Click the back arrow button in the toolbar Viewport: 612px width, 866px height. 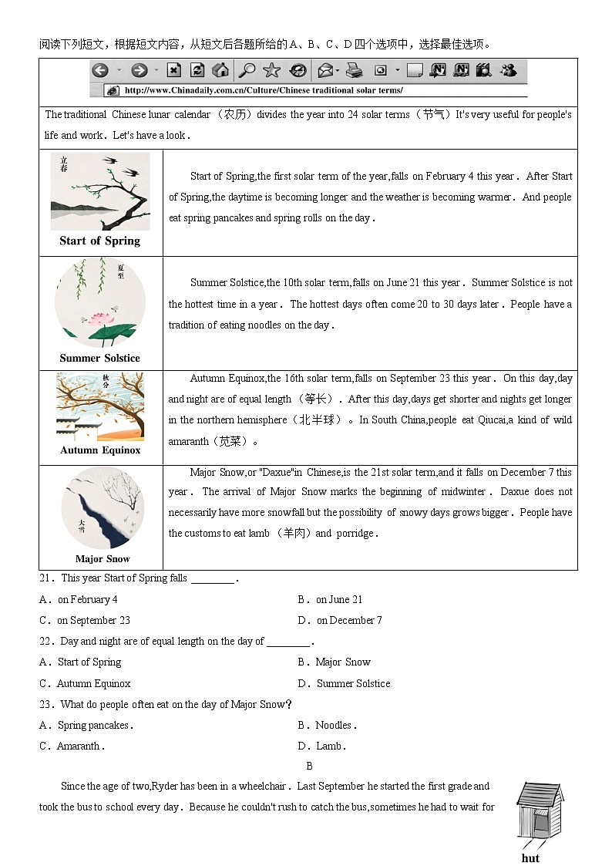(99, 71)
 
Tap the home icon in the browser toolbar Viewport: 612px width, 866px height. (220, 71)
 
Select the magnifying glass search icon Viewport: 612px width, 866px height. (247, 71)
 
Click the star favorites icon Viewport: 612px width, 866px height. (271, 71)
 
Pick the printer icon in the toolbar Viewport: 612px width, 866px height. (354, 71)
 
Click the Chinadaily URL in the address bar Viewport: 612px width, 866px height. (263, 90)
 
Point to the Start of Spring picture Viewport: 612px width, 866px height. (100, 191)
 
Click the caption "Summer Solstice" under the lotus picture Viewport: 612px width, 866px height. (100, 358)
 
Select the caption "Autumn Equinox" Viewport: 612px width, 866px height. (100, 450)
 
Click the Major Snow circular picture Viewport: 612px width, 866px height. (102, 508)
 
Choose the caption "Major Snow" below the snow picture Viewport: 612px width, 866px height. (103, 559)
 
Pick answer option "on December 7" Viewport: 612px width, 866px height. (348, 620)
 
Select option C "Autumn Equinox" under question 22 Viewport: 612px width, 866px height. (93, 683)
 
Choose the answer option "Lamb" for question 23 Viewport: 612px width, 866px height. (330, 746)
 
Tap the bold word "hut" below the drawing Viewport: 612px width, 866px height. (530, 858)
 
